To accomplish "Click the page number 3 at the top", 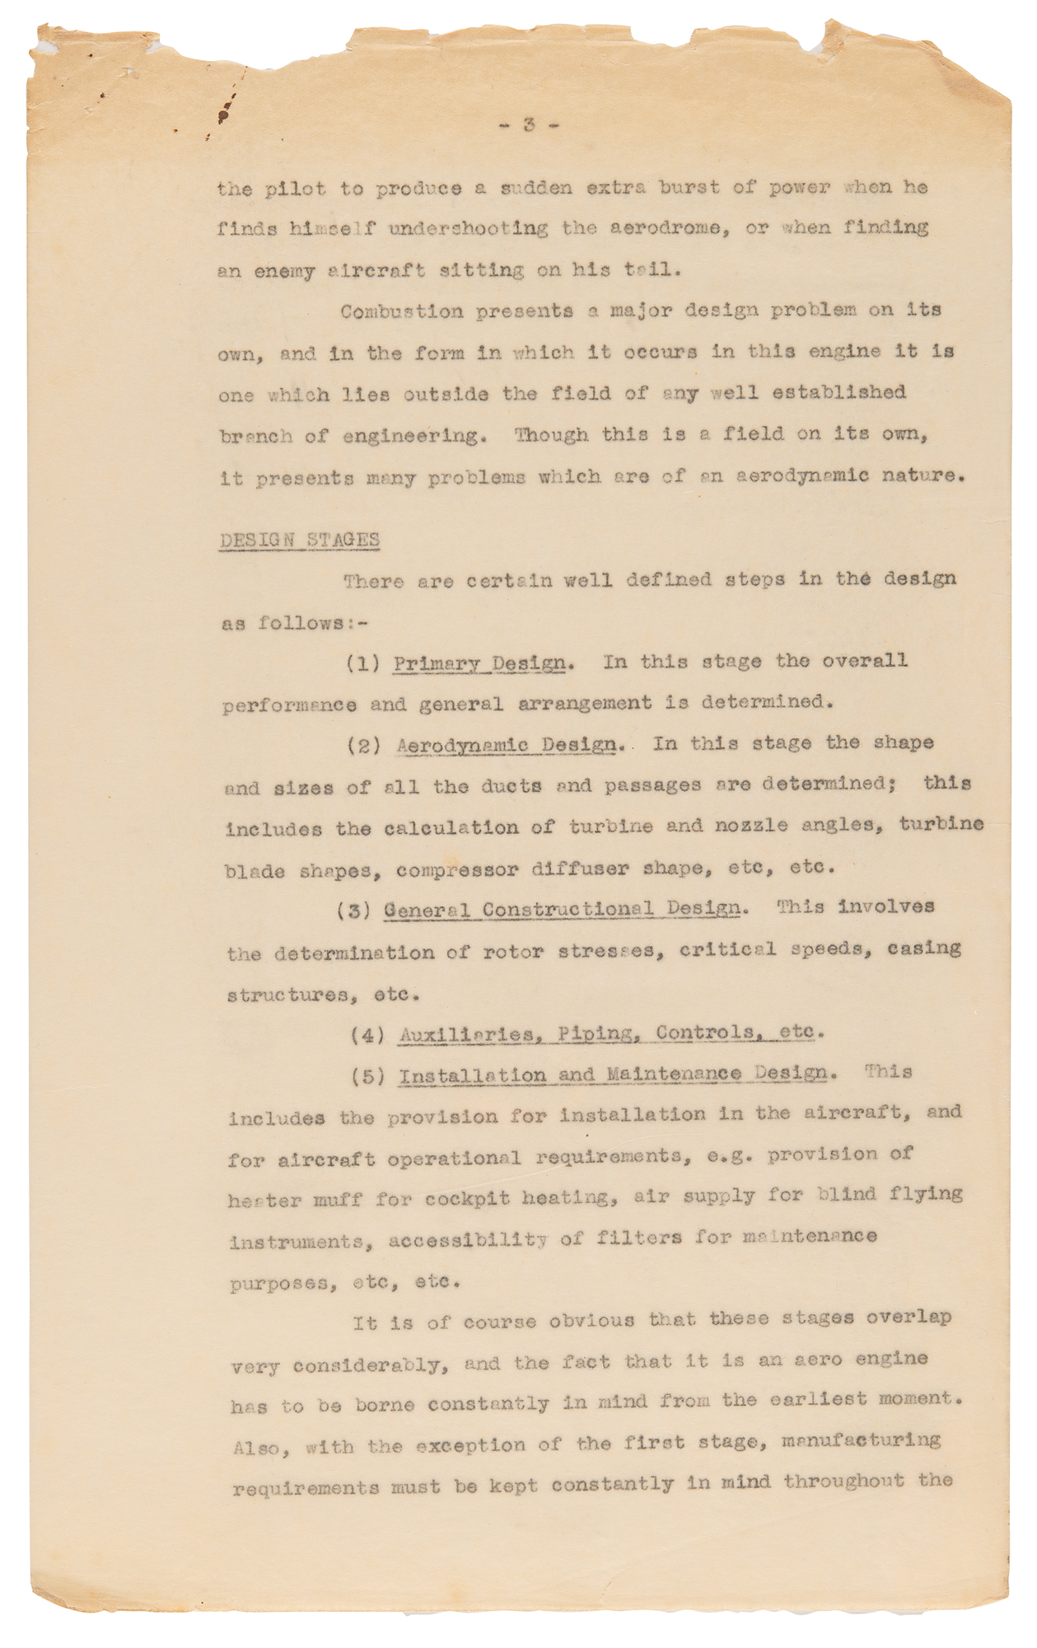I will tap(529, 125).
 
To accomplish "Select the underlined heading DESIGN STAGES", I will tap(299, 540).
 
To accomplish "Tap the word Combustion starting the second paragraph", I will tap(393, 312).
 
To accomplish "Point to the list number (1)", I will tap(362, 663).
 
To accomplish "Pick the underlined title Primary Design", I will tap(479, 663).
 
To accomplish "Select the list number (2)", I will tap(363, 746).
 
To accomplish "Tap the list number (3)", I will tap(356, 911).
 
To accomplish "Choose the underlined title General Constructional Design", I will tap(562, 909).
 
